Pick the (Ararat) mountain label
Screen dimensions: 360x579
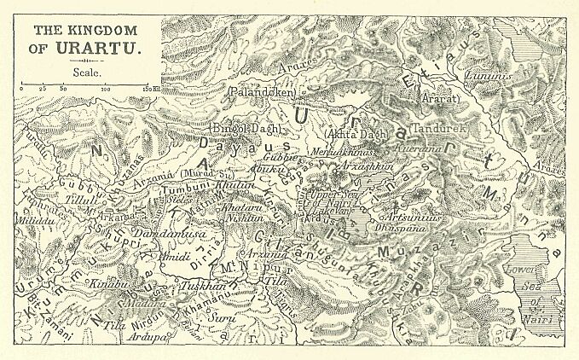tap(441, 99)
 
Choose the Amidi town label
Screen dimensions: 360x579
tap(177, 256)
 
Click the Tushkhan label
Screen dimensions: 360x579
tap(201, 287)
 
